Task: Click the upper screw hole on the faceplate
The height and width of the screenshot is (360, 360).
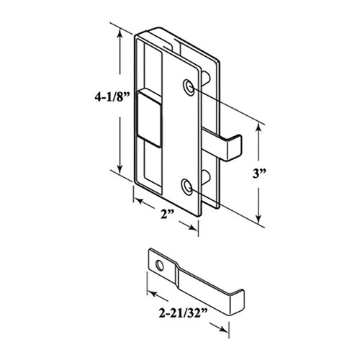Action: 189,86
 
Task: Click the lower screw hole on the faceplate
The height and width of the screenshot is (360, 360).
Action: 189,186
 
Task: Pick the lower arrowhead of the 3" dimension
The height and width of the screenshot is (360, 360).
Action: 259,217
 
